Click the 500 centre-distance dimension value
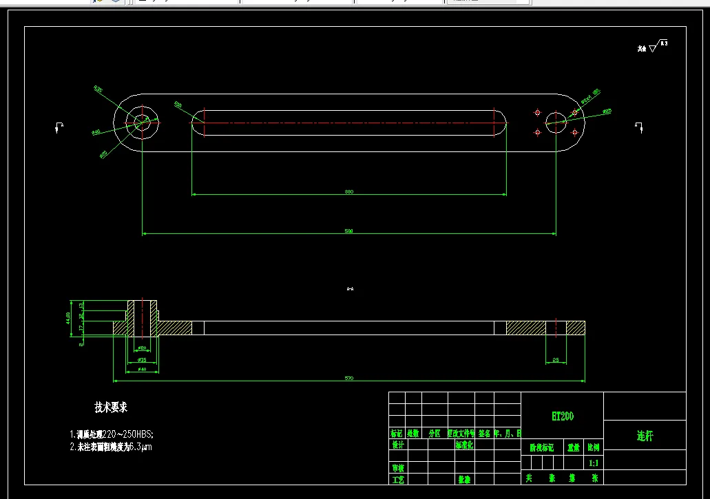pos(348,231)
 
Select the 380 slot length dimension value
pos(348,192)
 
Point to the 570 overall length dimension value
pos(348,378)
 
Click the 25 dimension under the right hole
pos(556,359)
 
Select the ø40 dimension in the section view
pos(142,370)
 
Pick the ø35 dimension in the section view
pos(142,359)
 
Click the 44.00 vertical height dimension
pos(68,318)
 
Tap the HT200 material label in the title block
pos(562,416)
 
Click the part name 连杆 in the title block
pos(644,436)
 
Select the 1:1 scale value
pos(594,464)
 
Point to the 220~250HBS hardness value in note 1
pos(127,434)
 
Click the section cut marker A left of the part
pos(59,127)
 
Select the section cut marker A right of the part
pos(638,127)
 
